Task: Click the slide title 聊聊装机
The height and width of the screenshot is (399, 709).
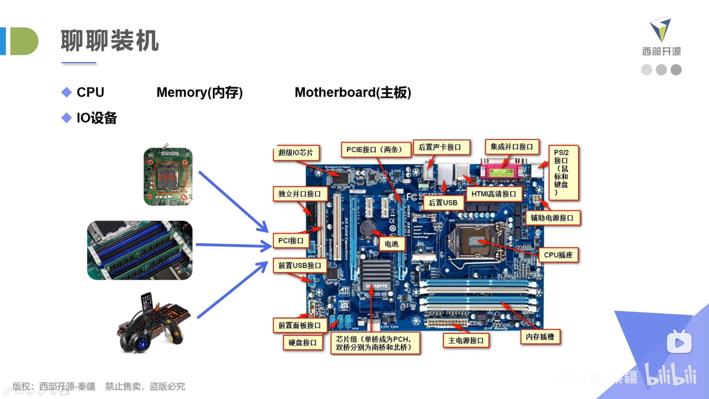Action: (x=110, y=41)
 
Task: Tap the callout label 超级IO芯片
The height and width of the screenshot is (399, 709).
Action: (x=296, y=153)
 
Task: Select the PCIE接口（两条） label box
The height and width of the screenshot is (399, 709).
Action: (x=375, y=150)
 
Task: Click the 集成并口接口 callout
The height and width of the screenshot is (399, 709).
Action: (x=511, y=147)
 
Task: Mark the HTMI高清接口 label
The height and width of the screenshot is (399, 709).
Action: (x=494, y=194)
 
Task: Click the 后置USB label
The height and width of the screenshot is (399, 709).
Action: (x=443, y=203)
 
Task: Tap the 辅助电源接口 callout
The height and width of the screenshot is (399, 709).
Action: (x=552, y=218)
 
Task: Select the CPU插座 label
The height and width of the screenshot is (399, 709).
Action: (x=558, y=255)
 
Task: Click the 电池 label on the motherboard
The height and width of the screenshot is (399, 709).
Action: (x=391, y=244)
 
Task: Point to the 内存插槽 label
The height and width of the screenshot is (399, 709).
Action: (x=540, y=337)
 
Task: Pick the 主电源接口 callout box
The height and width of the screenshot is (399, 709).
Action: (x=466, y=341)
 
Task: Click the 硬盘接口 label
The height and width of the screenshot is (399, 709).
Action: (x=302, y=343)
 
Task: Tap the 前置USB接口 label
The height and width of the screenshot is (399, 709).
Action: (x=299, y=265)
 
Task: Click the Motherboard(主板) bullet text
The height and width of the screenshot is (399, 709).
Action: (x=353, y=92)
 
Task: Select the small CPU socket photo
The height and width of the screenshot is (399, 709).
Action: (x=168, y=177)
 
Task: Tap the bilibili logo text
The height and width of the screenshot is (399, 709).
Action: (x=671, y=375)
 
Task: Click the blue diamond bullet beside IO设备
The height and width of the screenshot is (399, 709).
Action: (x=66, y=118)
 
